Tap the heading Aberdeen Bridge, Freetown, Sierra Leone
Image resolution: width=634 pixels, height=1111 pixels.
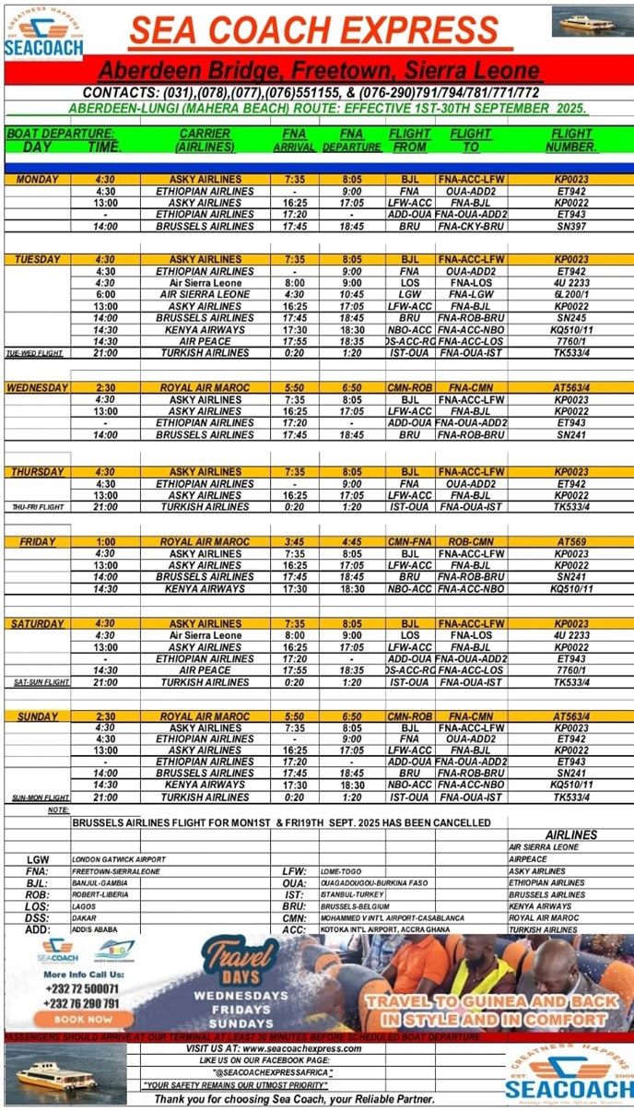(x=318, y=70)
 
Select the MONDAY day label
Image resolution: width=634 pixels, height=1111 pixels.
(x=38, y=180)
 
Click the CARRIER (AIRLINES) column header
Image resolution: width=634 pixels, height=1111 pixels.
(x=205, y=140)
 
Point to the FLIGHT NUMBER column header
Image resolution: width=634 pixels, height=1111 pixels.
(x=571, y=140)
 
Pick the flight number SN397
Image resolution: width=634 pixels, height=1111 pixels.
(x=571, y=226)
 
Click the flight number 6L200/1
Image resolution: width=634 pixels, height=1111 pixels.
(x=571, y=294)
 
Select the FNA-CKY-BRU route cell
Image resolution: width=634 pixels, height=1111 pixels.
(x=471, y=226)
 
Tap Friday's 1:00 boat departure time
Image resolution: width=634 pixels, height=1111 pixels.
(x=105, y=542)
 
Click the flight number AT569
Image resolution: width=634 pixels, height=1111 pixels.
(x=571, y=542)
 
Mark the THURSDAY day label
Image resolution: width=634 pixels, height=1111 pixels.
(x=38, y=472)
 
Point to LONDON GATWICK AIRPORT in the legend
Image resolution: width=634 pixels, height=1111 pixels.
(x=120, y=859)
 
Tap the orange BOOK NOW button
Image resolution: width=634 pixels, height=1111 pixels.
(x=83, y=1019)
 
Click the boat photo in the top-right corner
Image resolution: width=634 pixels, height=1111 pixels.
(x=593, y=21)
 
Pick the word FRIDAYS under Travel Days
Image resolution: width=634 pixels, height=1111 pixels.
(x=240, y=1010)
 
